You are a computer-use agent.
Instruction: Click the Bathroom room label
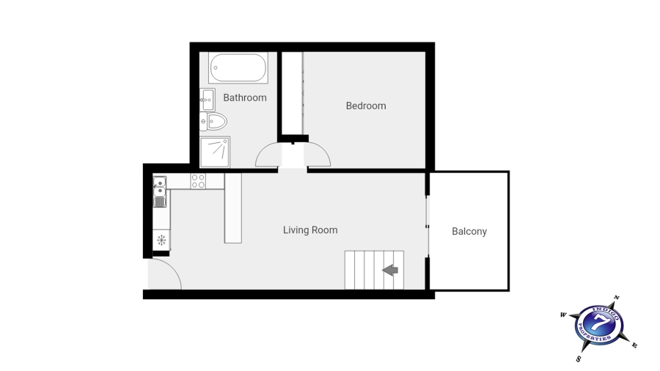point(245,98)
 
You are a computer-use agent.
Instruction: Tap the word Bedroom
point(365,106)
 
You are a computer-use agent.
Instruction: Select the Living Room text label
point(310,230)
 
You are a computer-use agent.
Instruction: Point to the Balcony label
point(469,232)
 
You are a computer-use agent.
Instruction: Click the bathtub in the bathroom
point(238,68)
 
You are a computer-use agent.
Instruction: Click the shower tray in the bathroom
point(216,151)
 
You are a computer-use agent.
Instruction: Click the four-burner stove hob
point(198,180)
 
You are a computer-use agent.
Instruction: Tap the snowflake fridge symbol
point(161,240)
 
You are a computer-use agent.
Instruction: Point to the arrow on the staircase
point(390,271)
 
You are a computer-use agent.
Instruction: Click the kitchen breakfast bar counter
point(233,208)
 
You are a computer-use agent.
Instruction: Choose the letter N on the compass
point(616,298)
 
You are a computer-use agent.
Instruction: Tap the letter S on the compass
point(579,359)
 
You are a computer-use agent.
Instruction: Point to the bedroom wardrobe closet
point(292,94)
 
